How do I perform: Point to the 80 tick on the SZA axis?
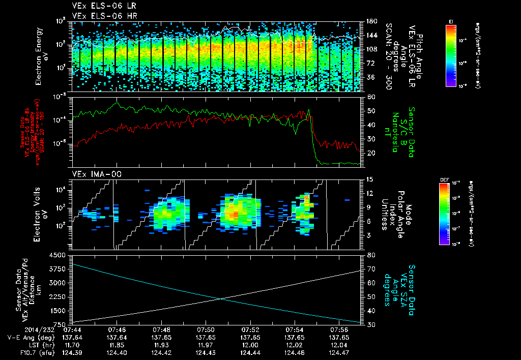[x=369, y=255]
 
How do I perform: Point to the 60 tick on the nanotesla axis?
[x=369, y=97]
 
